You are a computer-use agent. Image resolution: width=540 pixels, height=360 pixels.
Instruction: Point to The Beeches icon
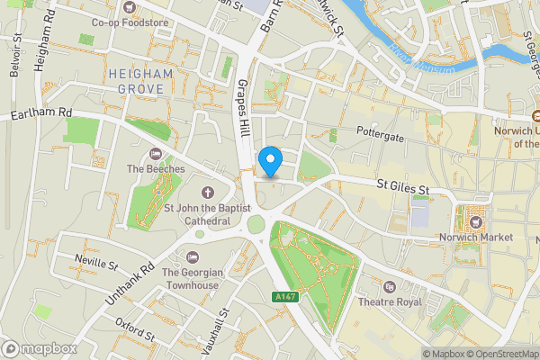tap(157, 153)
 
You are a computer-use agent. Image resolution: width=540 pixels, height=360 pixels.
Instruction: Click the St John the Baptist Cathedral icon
tap(207, 192)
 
